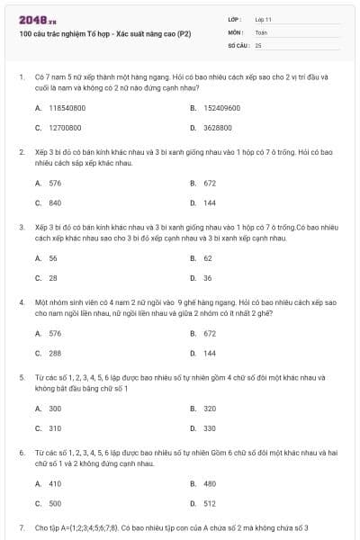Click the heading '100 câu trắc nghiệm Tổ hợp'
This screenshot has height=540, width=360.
(x=85, y=33)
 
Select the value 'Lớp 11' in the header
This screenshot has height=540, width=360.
(x=264, y=18)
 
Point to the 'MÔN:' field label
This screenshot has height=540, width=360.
(x=235, y=31)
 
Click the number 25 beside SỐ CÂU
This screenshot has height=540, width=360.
(x=258, y=44)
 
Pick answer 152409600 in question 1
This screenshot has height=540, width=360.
(x=221, y=107)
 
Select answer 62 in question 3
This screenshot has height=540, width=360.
(x=207, y=257)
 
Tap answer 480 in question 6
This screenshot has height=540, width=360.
(x=209, y=483)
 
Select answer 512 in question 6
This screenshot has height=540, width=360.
(x=209, y=504)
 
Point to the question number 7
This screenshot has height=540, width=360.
(x=22, y=526)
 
